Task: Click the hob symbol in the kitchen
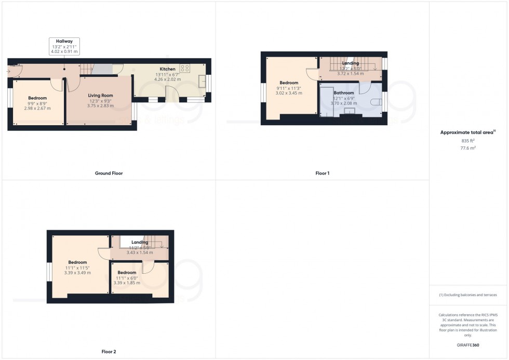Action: pyautogui.click(x=185, y=68)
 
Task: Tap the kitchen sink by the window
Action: pyautogui.click(x=203, y=82)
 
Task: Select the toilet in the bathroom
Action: pyautogui.click(x=377, y=102)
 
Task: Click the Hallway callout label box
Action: pyautogui.click(x=64, y=46)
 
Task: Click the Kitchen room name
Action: pyautogui.click(x=167, y=69)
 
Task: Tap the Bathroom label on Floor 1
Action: pyautogui.click(x=343, y=93)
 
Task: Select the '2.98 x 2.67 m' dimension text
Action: pyautogui.click(x=37, y=109)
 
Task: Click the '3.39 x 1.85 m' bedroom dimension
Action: pyautogui.click(x=127, y=283)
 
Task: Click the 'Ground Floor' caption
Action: pyautogui.click(x=109, y=173)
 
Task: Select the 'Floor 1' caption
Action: pyautogui.click(x=322, y=173)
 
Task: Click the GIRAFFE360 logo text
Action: pyautogui.click(x=468, y=345)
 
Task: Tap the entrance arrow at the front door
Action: pyautogui.click(x=9, y=71)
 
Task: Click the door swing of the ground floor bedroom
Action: pyautogui.click(x=56, y=85)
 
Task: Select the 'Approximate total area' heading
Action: pyautogui.click(x=467, y=132)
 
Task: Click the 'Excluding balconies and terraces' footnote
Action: pyautogui.click(x=468, y=295)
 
